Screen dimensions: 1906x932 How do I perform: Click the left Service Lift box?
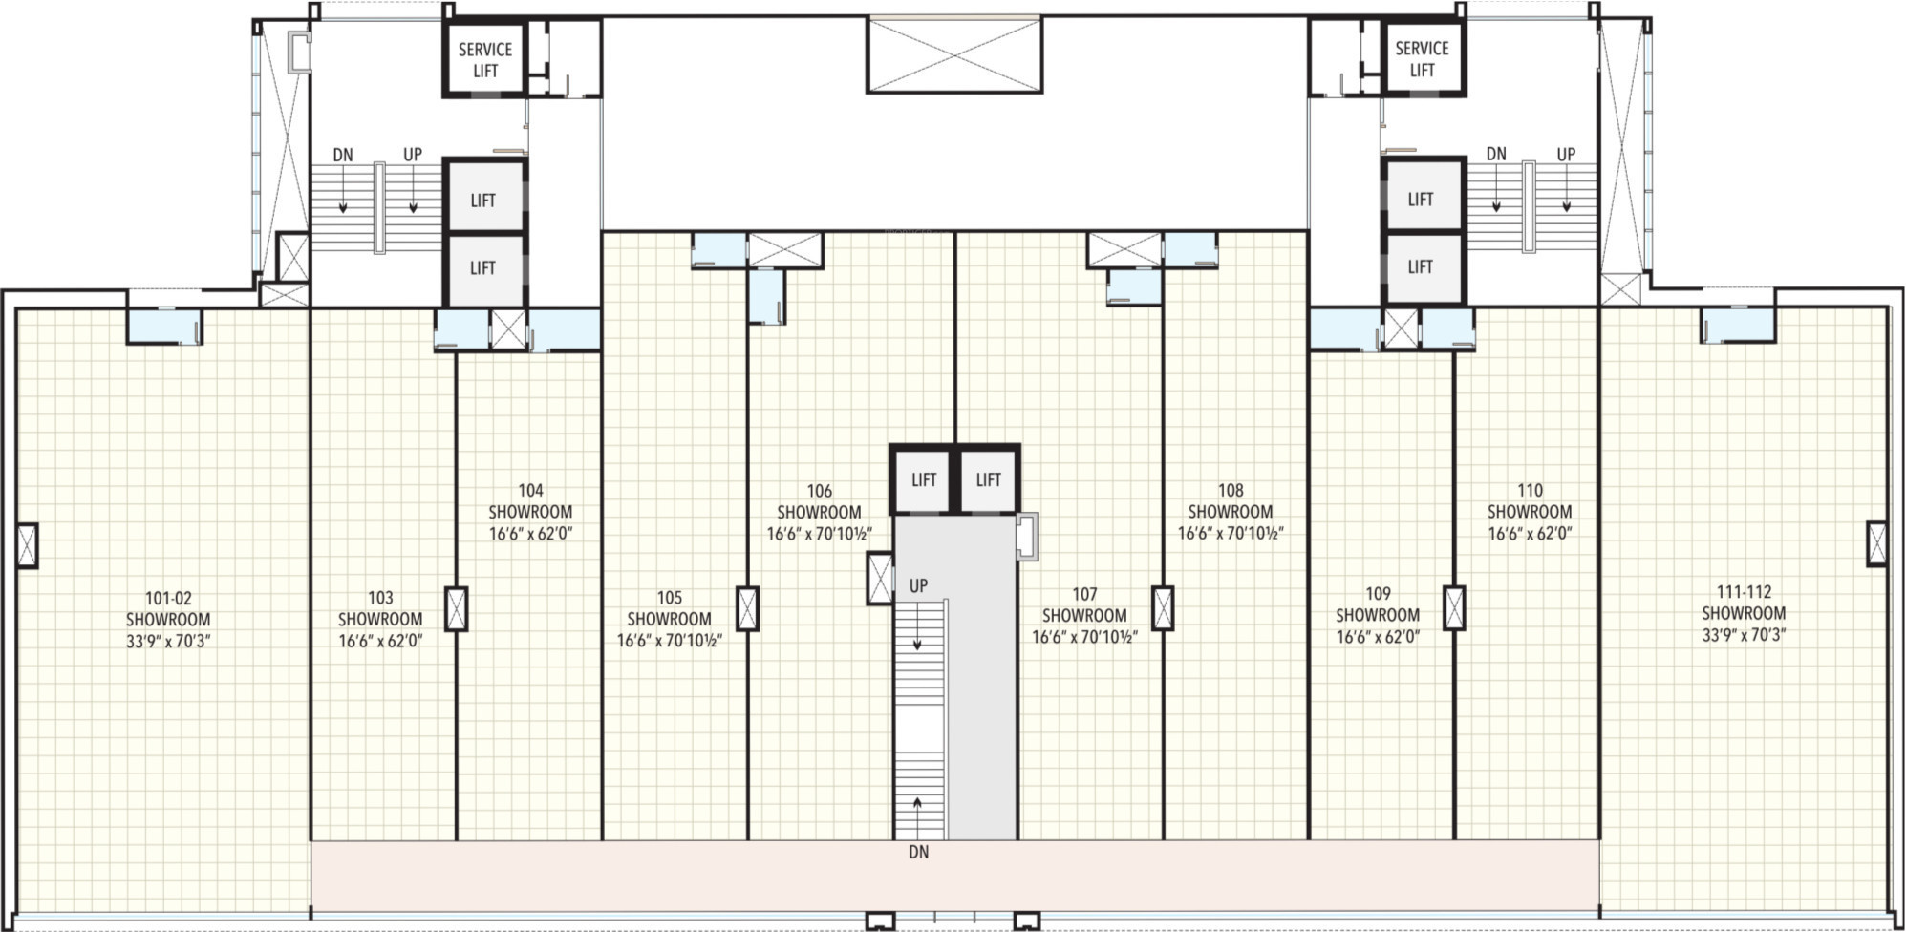484,59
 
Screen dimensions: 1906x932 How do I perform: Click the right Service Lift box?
1422,58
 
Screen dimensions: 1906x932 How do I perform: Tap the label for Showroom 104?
530,512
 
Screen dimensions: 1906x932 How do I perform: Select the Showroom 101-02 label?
168,620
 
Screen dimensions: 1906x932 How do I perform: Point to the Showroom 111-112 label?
1744,613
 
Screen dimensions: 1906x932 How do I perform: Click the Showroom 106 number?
819,491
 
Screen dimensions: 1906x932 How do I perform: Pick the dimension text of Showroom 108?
1231,533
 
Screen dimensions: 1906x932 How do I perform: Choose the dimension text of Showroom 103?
380,641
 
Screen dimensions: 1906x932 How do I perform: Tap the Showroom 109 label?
1378,614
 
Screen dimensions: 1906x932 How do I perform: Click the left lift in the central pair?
923,479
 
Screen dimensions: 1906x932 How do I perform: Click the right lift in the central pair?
988,479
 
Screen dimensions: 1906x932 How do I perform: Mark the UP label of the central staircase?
918,585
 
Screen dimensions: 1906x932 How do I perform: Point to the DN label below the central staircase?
918,852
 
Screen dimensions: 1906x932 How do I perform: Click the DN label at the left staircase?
343,155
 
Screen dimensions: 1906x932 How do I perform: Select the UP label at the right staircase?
1566,154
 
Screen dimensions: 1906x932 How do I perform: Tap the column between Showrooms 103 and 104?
457,608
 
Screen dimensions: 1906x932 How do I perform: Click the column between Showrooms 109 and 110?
1454,607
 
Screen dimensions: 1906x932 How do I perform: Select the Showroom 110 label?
1530,512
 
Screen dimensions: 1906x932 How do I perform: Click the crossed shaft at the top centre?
954,54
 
